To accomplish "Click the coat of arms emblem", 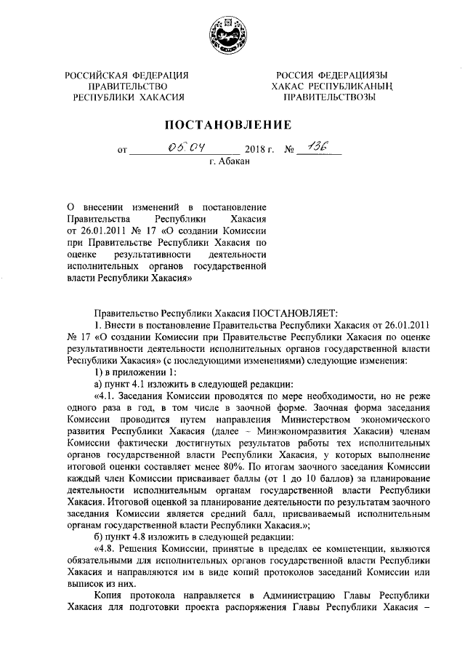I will coord(231,34).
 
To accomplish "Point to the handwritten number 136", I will coord(318,147).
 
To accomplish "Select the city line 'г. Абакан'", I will coord(229,162).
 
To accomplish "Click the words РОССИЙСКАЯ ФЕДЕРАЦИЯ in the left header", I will coord(126,75).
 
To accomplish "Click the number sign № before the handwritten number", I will coord(288,151).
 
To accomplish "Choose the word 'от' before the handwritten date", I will coord(122,152).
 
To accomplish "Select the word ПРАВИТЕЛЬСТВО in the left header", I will coord(126,86).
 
